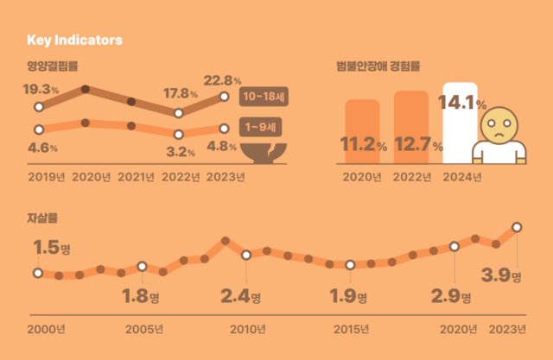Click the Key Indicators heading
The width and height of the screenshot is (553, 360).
pyautogui.click(x=74, y=40)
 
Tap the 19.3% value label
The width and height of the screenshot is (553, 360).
pyautogui.click(x=40, y=89)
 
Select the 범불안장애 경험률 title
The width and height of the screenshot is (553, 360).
pyautogui.click(x=379, y=66)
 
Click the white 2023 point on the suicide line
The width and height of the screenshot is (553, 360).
pyautogui.click(x=517, y=227)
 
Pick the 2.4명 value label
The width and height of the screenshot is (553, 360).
pyautogui.click(x=241, y=297)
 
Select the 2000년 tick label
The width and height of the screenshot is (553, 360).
pyautogui.click(x=46, y=330)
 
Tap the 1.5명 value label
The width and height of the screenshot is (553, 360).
pyautogui.click(x=51, y=248)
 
